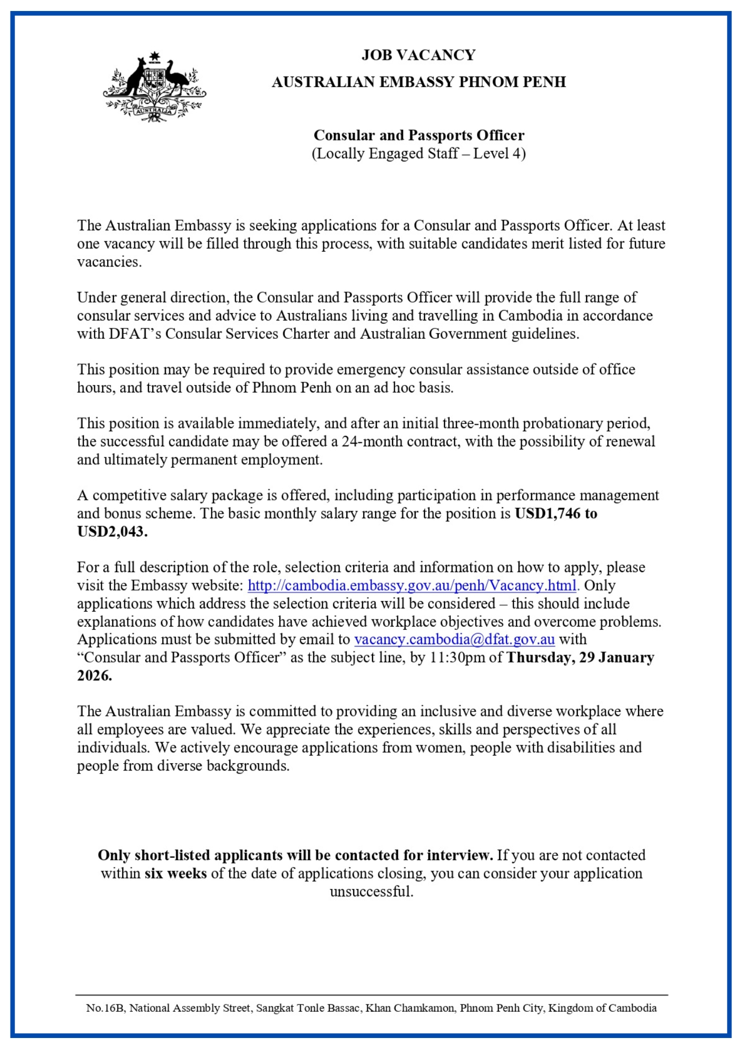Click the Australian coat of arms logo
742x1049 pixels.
coord(154,87)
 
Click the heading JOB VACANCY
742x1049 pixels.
coord(418,55)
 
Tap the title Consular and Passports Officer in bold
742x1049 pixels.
coord(418,135)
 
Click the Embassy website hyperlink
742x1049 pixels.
coord(412,585)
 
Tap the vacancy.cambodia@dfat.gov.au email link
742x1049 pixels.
coord(454,639)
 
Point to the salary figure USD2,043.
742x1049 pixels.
coord(112,532)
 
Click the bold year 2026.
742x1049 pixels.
coord(94,676)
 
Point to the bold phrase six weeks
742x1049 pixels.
coord(176,873)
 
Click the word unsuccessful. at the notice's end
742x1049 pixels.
coord(372,892)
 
